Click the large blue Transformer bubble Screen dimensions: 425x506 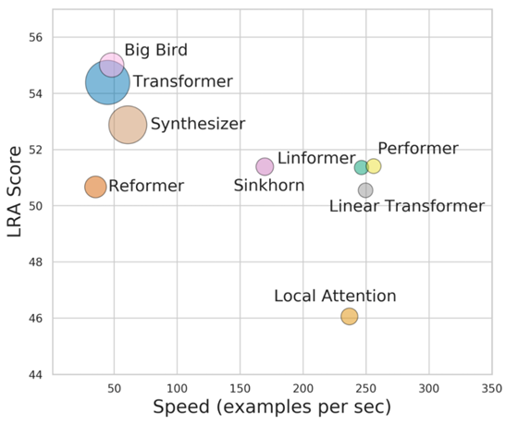point(107,82)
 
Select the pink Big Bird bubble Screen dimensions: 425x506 point(112,64)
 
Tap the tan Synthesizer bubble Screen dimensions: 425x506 point(128,124)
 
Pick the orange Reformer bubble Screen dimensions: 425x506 point(95,187)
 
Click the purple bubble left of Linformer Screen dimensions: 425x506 point(265,166)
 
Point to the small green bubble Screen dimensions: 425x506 point(361,167)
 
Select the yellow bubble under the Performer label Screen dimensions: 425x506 point(374,166)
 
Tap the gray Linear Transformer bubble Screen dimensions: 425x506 point(365,190)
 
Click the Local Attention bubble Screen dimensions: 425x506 point(349,317)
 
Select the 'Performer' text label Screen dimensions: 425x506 point(417,149)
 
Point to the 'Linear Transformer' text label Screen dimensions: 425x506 point(406,206)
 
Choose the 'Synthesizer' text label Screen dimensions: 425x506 point(197,124)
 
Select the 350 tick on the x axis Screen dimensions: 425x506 point(491,387)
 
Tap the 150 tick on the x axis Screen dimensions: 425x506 point(241,387)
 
